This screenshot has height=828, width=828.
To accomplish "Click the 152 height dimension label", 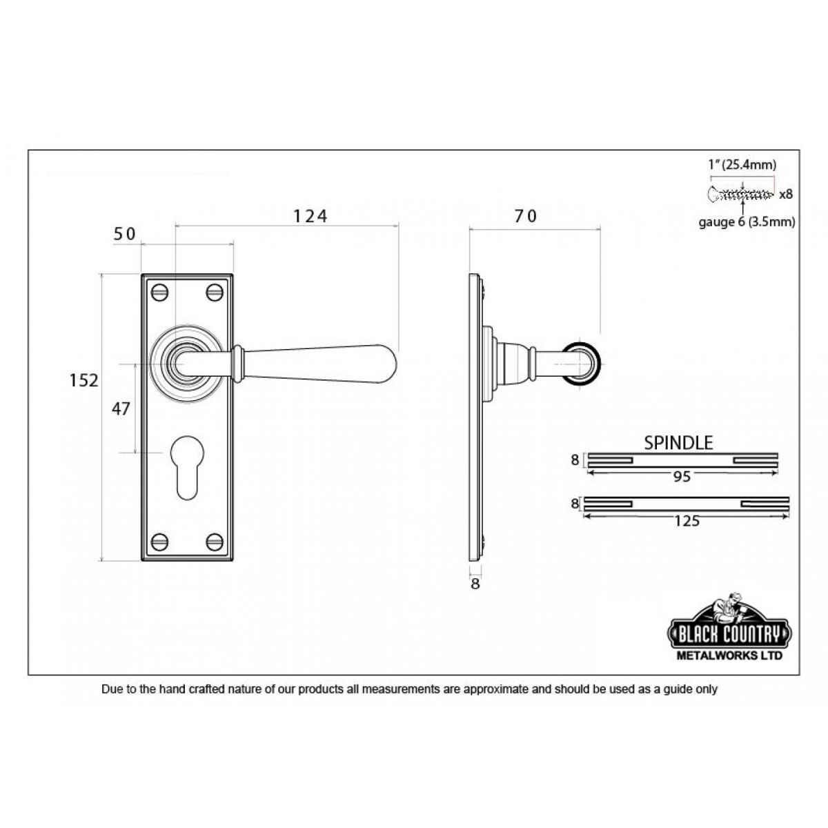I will pyautogui.click(x=83, y=380).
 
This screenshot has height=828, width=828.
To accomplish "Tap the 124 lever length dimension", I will pyautogui.click(x=310, y=217).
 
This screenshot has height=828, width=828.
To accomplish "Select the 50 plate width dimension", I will pyautogui.click(x=125, y=234).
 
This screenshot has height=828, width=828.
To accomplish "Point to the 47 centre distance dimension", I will pyautogui.click(x=121, y=408).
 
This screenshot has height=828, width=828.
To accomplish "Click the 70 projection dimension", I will pyautogui.click(x=525, y=217).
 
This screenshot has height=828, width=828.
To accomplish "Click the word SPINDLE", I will pyautogui.click(x=678, y=443).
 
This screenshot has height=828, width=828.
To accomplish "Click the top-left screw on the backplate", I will pyautogui.click(x=160, y=292).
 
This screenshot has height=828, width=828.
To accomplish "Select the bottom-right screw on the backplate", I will pyautogui.click(x=215, y=542).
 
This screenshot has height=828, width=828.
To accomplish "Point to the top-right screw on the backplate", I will pyautogui.click(x=215, y=292).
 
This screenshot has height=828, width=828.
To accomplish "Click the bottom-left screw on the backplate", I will pyautogui.click(x=160, y=542).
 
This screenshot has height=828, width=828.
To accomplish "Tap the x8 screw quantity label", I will pyautogui.click(x=785, y=195).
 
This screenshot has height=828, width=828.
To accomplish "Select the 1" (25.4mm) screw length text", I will pyautogui.click(x=742, y=165).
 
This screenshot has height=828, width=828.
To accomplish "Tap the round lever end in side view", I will pyautogui.click(x=584, y=361).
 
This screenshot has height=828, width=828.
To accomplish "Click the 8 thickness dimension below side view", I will pyautogui.click(x=475, y=584).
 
